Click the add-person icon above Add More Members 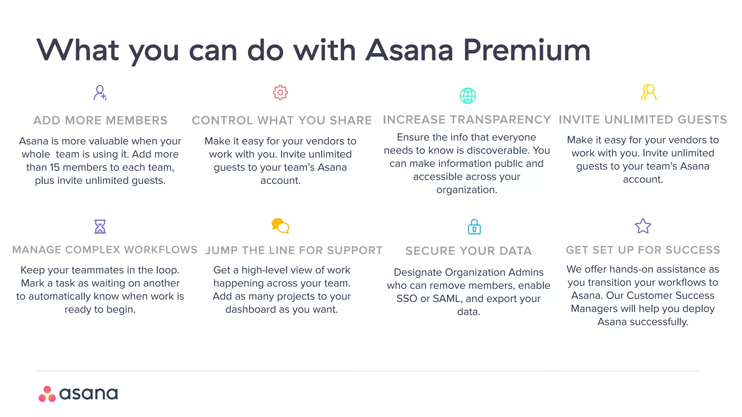pyautogui.click(x=100, y=93)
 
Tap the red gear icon pyautogui.click(x=280, y=93)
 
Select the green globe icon pyautogui.click(x=468, y=96)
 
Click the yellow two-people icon pyautogui.click(x=649, y=92)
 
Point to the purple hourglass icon pyautogui.click(x=100, y=227)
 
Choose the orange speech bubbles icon pyautogui.click(x=280, y=226)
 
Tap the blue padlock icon pyautogui.click(x=474, y=227)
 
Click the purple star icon pyautogui.click(x=643, y=226)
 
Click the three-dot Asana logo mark pyautogui.click(x=47, y=394)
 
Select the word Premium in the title pyautogui.click(x=527, y=50)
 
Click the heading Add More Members pyautogui.click(x=100, y=120)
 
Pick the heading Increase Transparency pyautogui.click(x=467, y=119)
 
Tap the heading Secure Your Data pyautogui.click(x=468, y=250)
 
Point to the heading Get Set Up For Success pyautogui.click(x=643, y=250)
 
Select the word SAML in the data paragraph pyautogui.click(x=444, y=299)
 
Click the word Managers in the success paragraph pyautogui.click(x=594, y=309)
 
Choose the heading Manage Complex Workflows pyautogui.click(x=105, y=250)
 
